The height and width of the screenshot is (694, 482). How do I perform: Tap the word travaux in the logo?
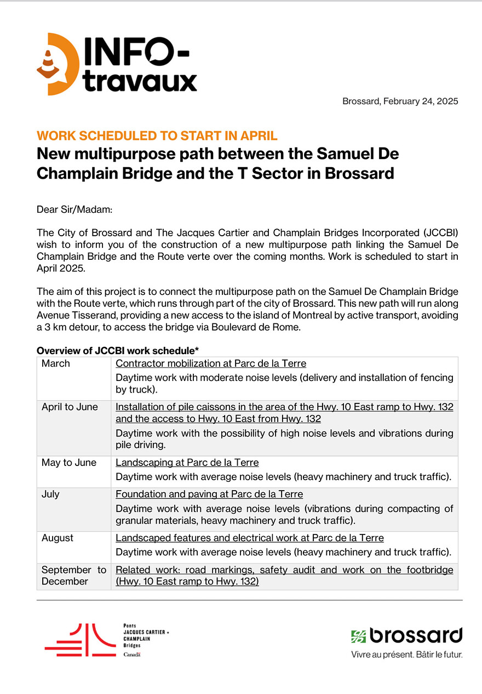tap(140, 82)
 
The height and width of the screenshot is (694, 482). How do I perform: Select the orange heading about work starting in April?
tap(157, 136)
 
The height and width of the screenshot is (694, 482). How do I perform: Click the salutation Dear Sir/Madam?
tap(74, 209)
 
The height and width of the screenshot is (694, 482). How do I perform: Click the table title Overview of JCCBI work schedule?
tap(117, 350)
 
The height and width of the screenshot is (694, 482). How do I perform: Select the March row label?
tap(56, 363)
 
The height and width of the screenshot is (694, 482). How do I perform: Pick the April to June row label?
tap(70, 407)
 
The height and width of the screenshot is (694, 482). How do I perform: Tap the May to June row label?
tap(68, 463)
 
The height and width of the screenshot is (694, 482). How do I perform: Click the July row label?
tap(50, 494)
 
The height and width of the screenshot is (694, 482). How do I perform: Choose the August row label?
tap(56, 538)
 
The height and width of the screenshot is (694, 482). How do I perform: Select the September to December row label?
tap(73, 576)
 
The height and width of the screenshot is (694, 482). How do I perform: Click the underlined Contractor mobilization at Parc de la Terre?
tap(211, 363)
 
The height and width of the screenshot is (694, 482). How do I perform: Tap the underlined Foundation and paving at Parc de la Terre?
tap(209, 494)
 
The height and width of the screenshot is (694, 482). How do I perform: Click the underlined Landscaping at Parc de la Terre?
tap(187, 463)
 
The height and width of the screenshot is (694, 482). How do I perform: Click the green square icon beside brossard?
tap(358, 636)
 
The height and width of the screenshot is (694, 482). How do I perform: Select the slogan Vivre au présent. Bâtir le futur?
tap(406, 655)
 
